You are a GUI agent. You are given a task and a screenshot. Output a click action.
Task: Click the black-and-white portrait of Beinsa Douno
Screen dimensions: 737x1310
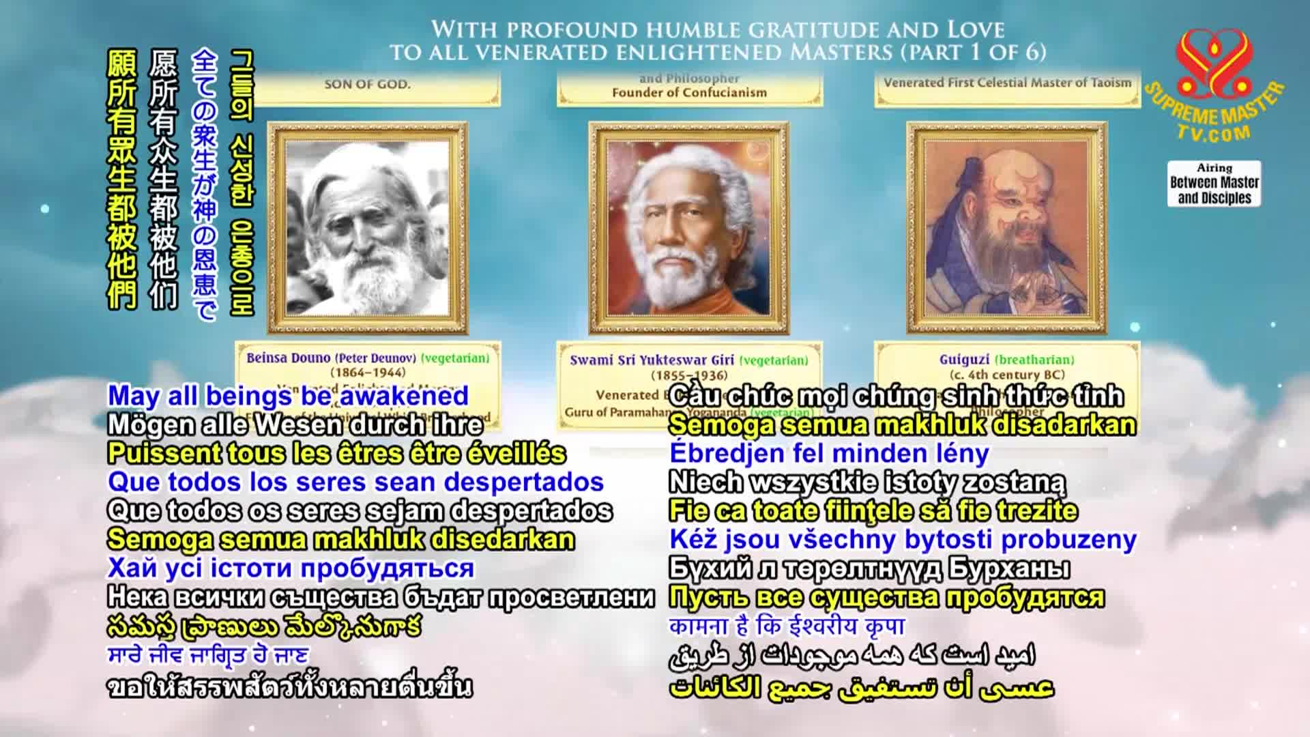(368, 228)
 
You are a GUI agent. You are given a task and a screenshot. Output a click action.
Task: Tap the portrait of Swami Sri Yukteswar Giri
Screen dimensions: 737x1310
(688, 228)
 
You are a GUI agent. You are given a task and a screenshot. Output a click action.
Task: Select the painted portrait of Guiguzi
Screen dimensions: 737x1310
(1006, 228)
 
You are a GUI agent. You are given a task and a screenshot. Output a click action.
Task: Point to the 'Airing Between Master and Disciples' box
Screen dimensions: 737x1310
(1214, 184)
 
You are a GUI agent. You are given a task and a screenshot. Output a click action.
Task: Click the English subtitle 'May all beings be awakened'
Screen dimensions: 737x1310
(288, 396)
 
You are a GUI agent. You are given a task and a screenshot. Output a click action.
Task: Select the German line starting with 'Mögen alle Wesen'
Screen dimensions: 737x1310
(295, 424)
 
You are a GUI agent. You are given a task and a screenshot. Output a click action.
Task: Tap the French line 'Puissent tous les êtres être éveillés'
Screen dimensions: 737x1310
(336, 453)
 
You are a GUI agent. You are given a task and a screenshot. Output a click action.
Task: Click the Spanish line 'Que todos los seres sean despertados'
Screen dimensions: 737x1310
(355, 482)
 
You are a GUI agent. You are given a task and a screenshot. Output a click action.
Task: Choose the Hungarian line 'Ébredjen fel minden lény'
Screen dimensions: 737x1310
(829, 453)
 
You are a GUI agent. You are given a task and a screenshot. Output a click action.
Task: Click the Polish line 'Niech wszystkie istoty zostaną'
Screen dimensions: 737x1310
(867, 482)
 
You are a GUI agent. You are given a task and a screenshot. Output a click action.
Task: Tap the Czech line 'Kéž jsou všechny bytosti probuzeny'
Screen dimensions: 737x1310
(903, 539)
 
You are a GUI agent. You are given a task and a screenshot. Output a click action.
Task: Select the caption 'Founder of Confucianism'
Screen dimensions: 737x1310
(689, 93)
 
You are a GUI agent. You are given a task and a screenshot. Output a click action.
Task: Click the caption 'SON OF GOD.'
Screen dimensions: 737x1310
(367, 85)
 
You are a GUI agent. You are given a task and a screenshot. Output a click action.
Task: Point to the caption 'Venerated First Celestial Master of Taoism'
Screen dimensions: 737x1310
(1007, 83)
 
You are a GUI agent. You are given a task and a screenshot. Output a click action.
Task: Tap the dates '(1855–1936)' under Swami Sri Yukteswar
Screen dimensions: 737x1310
(689, 375)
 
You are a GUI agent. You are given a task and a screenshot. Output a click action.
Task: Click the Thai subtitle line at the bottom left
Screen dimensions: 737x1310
(289, 687)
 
